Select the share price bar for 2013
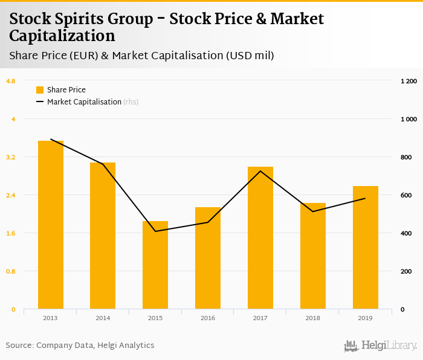click(x=51, y=225)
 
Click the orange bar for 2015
click(x=155, y=265)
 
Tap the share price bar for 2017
click(x=260, y=238)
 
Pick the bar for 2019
click(x=366, y=248)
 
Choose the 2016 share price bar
click(x=208, y=258)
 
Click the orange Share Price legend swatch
click(x=40, y=90)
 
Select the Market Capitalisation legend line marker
click(x=40, y=102)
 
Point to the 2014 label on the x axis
click(x=103, y=318)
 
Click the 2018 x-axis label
click(x=313, y=318)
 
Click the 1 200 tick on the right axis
click(x=408, y=81)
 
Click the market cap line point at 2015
click(x=155, y=231)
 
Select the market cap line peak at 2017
click(x=260, y=171)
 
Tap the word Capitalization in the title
click(x=62, y=36)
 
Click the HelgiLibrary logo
click(x=380, y=346)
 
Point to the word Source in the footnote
click(x=19, y=346)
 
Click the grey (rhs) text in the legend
click(x=131, y=102)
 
